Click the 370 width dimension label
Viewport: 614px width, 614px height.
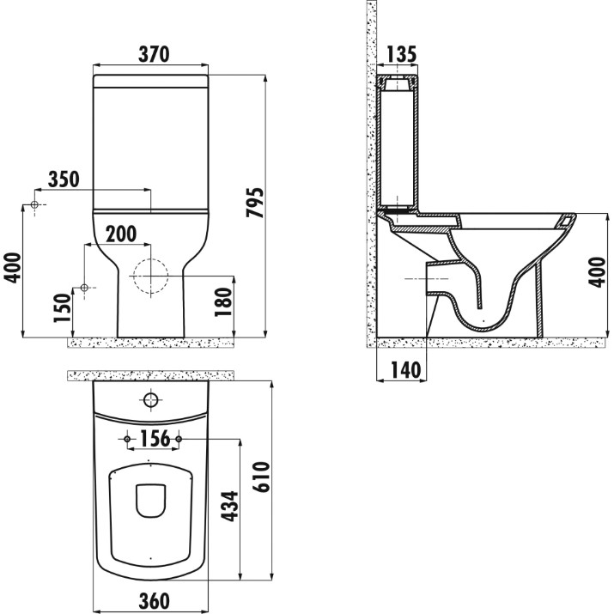[154, 54]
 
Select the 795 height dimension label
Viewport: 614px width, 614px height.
[255, 203]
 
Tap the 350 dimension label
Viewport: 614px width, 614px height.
[64, 179]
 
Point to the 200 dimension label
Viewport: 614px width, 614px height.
[121, 234]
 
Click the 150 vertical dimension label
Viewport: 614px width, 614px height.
[63, 308]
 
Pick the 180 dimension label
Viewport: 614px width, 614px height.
[223, 302]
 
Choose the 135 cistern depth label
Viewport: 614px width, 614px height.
[401, 54]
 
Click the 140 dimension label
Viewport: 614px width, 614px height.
[405, 370]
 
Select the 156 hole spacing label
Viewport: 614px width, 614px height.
[155, 439]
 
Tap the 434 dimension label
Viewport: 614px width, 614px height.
[229, 507]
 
